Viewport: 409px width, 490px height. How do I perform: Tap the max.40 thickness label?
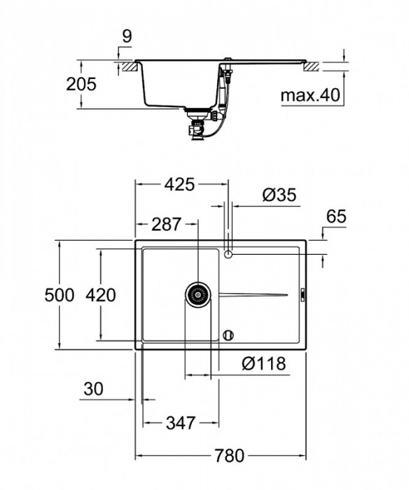pos(310,94)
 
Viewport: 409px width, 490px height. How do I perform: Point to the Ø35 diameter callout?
pos(279,197)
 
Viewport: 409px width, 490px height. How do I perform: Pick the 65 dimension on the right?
pos(336,217)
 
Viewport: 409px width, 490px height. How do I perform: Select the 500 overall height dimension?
pos(59,295)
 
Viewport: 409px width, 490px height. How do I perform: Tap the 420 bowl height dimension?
pos(101,295)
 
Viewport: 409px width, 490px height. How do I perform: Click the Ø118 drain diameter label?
pos(264,363)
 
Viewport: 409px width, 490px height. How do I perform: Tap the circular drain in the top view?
pos(198,295)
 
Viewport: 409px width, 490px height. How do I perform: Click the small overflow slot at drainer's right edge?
pos(301,295)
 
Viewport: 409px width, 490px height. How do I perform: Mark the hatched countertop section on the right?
pos(312,66)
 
